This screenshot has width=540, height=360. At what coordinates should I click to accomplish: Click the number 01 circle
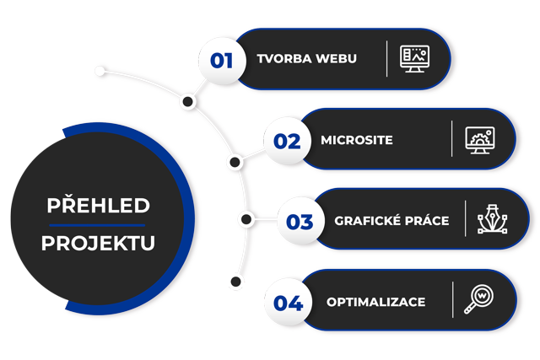click(x=222, y=60)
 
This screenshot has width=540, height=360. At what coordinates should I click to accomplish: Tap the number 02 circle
click(x=287, y=141)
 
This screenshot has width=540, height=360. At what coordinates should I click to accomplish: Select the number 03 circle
click(x=300, y=223)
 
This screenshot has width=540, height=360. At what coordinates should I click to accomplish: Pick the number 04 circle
click(x=287, y=302)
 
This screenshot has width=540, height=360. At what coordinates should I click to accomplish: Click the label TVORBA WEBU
click(x=307, y=59)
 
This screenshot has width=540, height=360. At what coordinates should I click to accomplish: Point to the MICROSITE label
click(x=357, y=140)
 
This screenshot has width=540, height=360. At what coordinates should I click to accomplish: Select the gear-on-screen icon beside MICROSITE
click(x=479, y=140)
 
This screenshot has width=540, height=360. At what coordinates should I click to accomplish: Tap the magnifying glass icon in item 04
click(x=478, y=299)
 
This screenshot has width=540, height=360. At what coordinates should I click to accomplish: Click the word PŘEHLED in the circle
click(x=98, y=206)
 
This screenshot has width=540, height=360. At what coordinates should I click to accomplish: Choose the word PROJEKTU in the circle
click(x=98, y=244)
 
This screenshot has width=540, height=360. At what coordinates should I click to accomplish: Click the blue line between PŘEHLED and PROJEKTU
click(x=98, y=225)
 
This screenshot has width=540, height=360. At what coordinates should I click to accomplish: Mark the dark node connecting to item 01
click(x=189, y=102)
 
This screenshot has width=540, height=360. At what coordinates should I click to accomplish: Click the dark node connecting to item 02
click(x=234, y=160)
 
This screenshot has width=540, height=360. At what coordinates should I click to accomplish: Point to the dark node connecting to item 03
click(x=246, y=220)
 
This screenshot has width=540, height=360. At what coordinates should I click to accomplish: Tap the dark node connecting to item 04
click(x=237, y=281)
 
